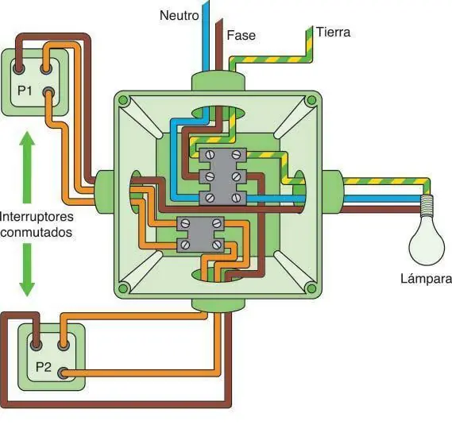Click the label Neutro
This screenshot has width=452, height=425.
coord(179,15)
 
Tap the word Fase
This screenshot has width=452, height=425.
coord(241,36)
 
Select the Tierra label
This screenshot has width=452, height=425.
coord(333,33)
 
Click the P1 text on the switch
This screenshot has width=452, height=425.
coord(26,91)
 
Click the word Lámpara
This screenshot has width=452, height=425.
coord(427,279)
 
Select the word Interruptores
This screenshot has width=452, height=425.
coord(37,215)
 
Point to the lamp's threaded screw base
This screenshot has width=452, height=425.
coord(429,207)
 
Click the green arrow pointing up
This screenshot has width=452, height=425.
coord(26,167)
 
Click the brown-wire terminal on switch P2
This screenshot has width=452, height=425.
coord(35,345)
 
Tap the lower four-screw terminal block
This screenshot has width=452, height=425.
coord(200,234)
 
